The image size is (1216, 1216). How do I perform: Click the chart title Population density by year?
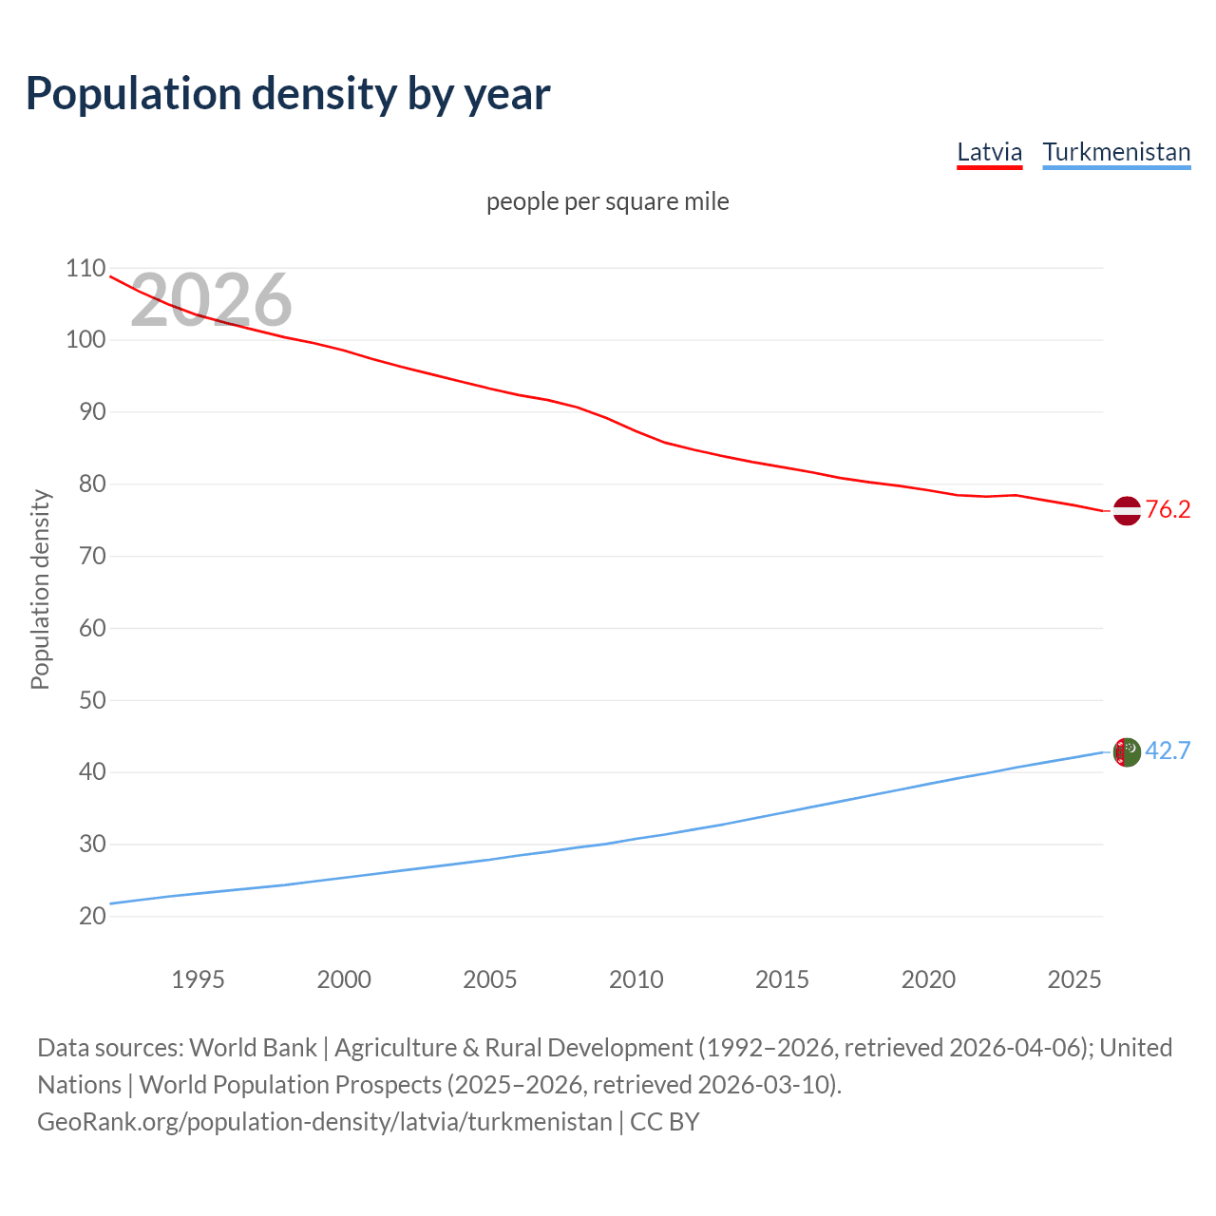(x=288, y=94)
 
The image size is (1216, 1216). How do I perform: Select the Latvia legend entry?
(x=989, y=152)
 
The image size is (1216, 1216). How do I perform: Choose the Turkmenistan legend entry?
(x=1116, y=152)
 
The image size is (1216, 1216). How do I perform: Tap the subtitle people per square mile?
(x=607, y=201)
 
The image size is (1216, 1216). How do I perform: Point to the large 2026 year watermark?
(x=211, y=300)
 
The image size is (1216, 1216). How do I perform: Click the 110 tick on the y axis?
(x=85, y=268)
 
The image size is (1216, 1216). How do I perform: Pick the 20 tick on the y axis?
(x=91, y=916)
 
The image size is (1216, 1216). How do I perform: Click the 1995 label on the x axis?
(x=198, y=979)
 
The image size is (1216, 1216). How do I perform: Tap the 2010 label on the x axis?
(x=636, y=979)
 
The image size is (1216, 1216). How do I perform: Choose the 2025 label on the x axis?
(x=1073, y=979)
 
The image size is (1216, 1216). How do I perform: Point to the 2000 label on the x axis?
(x=344, y=979)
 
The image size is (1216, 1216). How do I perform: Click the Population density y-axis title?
(x=40, y=589)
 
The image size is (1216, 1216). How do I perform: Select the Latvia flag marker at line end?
(x=1126, y=510)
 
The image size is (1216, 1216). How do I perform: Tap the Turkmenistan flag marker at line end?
(x=1126, y=752)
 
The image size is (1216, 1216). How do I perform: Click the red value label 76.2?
(x=1168, y=510)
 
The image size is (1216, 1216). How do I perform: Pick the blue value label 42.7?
(x=1168, y=751)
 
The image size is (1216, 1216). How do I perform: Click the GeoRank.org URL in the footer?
(x=324, y=1122)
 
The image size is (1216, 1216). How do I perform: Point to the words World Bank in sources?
(x=253, y=1048)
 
